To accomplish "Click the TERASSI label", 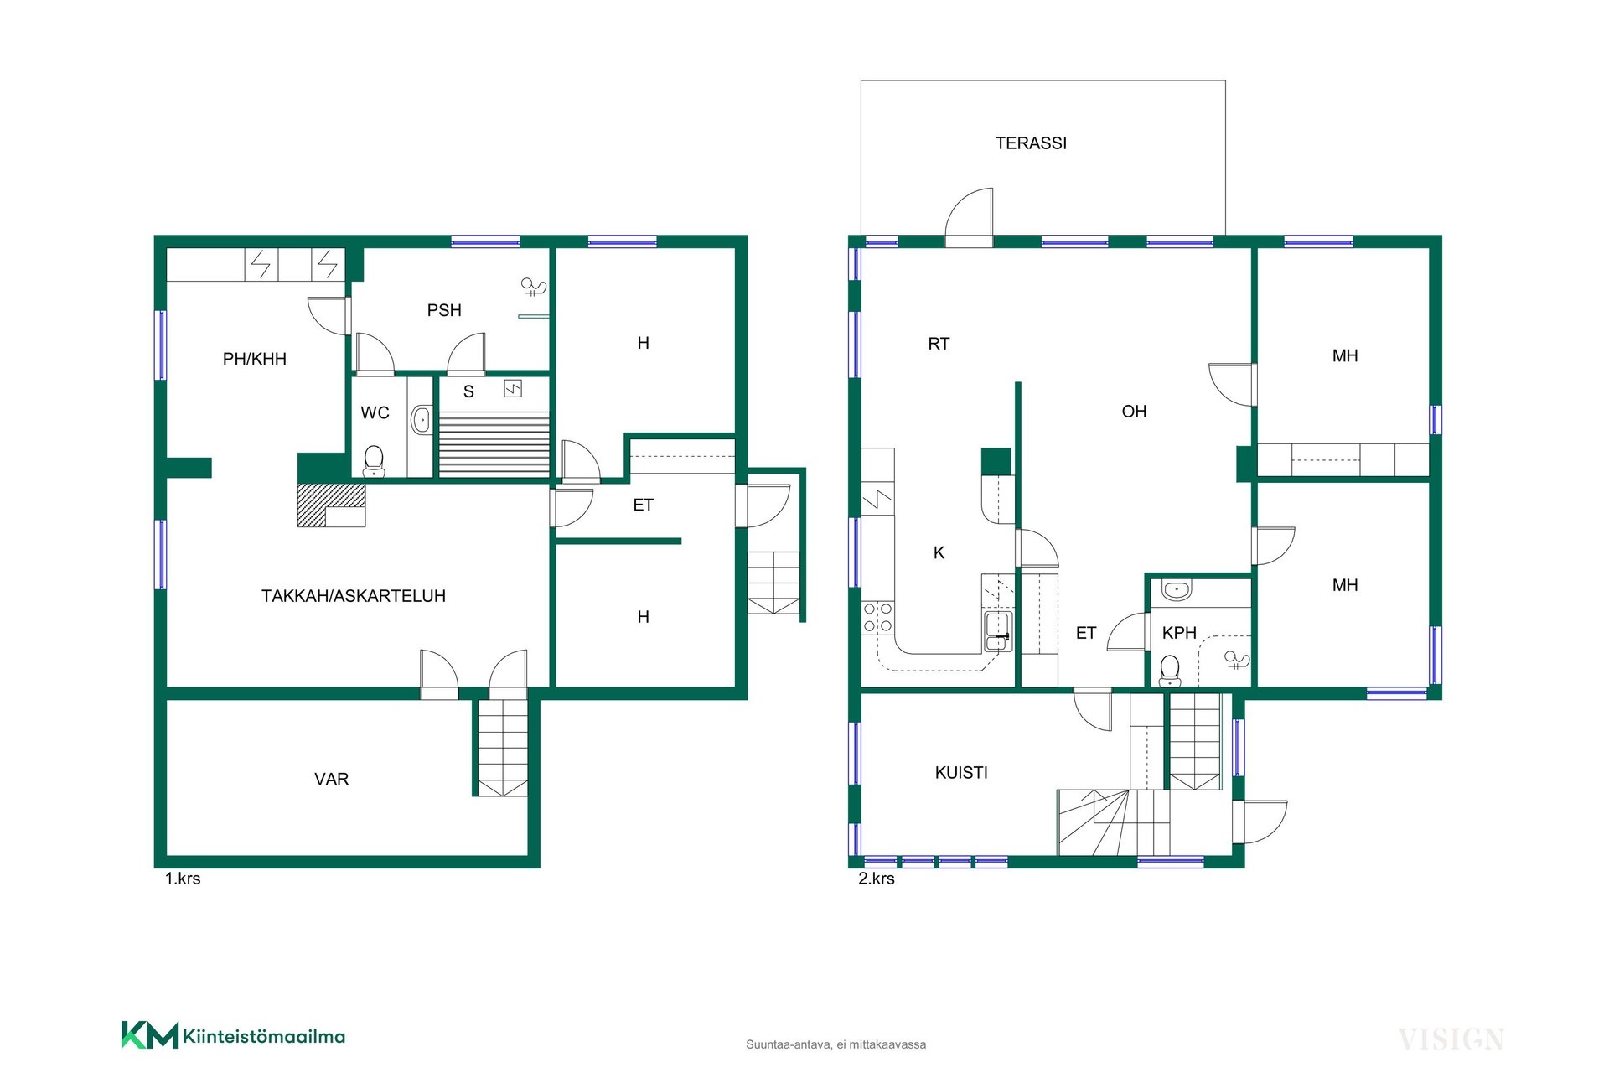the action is (1031, 143).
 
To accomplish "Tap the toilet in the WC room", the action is (374, 460).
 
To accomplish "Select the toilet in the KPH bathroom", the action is (1170, 671).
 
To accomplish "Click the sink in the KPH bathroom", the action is (1177, 589).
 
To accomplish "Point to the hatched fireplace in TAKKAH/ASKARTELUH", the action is (332, 505).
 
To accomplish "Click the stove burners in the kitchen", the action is (877, 617).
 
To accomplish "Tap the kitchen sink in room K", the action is (997, 631).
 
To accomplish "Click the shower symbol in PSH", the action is (534, 288).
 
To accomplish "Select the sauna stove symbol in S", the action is (513, 388).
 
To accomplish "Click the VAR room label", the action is (331, 780).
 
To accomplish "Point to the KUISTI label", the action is (961, 773).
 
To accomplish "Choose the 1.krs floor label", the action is (183, 879).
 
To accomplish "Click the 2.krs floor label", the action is (877, 879).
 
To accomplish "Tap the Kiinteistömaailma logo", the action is (233, 1035).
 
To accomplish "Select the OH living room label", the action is (1134, 412).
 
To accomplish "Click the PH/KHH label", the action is (255, 359).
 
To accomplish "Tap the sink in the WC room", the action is (421, 419).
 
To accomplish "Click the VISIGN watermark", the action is (1451, 1039).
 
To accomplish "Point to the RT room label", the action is (939, 344).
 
